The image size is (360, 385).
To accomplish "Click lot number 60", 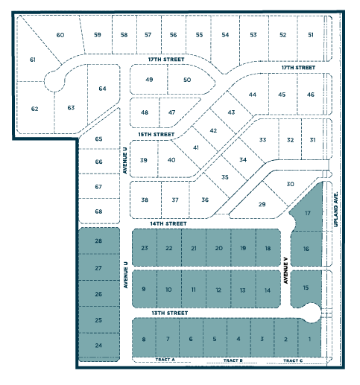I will tap(60, 35).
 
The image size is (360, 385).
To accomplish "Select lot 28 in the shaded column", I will tap(98, 241).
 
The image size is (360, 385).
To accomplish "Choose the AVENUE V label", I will tap(285, 271).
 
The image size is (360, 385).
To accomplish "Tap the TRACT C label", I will tap(293, 360).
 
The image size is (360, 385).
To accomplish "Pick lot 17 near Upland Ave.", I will tap(308, 214).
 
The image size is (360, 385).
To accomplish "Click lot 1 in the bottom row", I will tap(309, 340).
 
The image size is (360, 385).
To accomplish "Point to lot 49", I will tap(149, 80).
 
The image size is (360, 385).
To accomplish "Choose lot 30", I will tap(291, 184).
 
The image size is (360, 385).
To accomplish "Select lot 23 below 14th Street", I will tap(145, 248).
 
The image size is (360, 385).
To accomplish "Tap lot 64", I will tap(103, 89).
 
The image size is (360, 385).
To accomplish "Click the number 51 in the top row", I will tap(311, 35).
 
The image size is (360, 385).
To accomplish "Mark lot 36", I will tap(205, 200).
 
